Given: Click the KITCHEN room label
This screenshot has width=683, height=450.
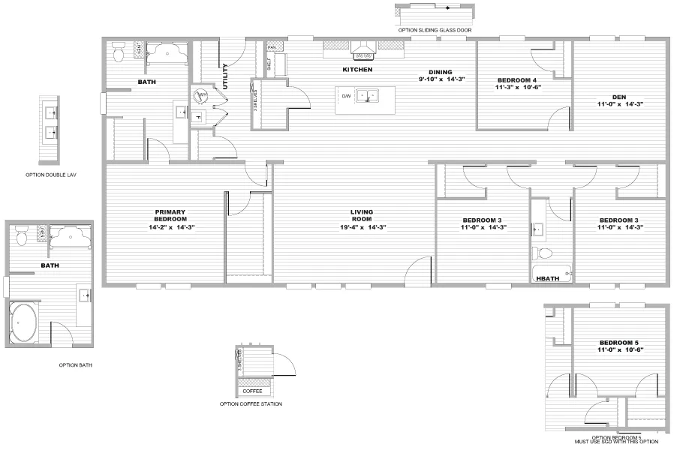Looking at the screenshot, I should pos(357,70).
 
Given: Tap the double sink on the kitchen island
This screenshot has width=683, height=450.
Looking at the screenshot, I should pos(367,96).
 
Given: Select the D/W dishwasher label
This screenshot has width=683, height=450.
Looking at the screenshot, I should pos(346,96).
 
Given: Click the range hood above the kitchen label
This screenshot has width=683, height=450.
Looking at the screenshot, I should pos(363,50).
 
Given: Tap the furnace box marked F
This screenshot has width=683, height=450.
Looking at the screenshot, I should pos(199,117).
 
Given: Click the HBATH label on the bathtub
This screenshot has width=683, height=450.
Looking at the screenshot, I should pos(546,278).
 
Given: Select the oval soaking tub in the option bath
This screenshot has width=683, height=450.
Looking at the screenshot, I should pos(26,322).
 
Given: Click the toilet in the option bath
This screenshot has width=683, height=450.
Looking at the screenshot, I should pos(22,235).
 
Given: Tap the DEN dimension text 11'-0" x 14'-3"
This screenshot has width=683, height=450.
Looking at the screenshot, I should pos(620,104).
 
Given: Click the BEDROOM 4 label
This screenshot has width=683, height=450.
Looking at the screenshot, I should pos(517,79).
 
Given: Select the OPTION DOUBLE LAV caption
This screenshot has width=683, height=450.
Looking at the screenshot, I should pos(51,175).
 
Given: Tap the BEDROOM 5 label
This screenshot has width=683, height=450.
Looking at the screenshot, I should pos(621,342).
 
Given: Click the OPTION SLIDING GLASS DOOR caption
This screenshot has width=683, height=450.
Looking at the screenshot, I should pos(435,29).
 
